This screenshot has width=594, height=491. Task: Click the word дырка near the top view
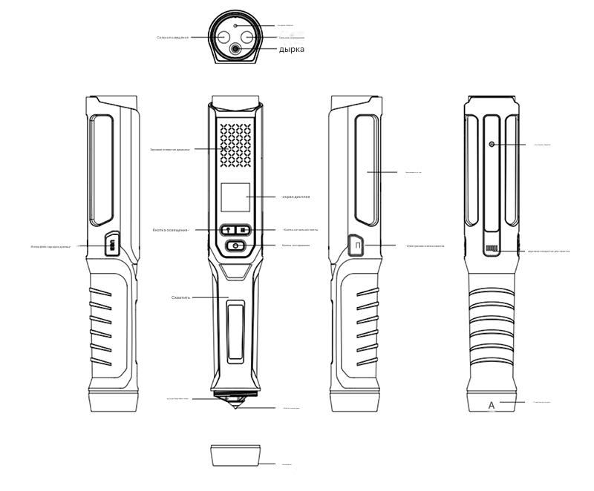pyautogui.click(x=291, y=50)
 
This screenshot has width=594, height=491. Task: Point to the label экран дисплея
pyautogui.click(x=296, y=197)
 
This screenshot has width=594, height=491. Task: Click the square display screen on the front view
pyautogui.click(x=235, y=197)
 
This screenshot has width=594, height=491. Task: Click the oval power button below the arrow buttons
pyautogui.click(x=235, y=246)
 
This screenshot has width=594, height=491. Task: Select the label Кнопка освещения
pyautogui.click(x=172, y=229)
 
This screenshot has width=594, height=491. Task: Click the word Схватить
pyautogui.click(x=181, y=297)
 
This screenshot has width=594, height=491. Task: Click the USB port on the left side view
pyautogui.click(x=111, y=244)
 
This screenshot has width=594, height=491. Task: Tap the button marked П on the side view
pyautogui.click(x=357, y=245)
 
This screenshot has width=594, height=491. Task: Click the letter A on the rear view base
pyautogui.click(x=491, y=405)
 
